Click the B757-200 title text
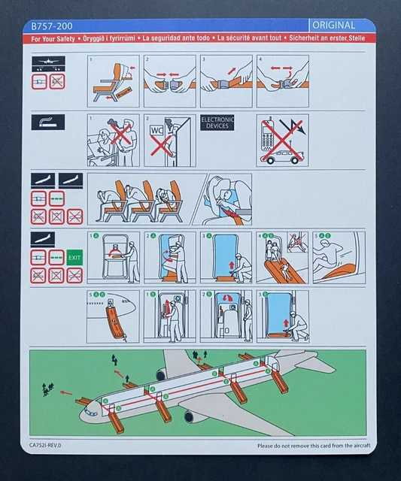pos(50,25)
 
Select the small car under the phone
pos(284,158)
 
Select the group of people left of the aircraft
pos(49,389)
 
